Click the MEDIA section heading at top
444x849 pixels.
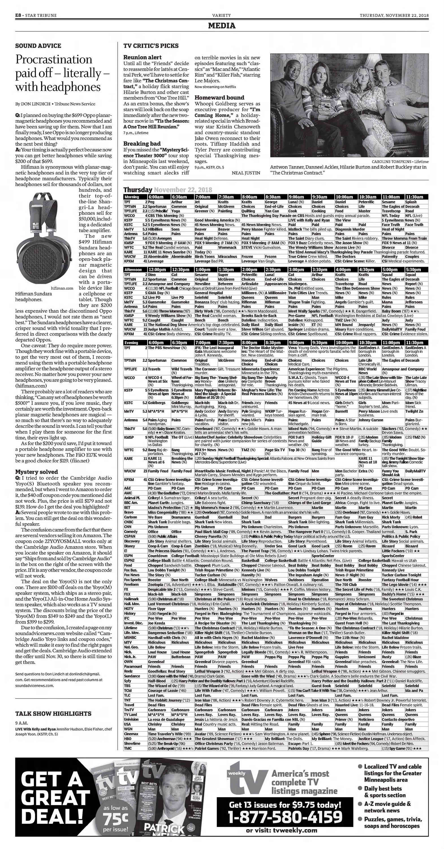(222, 26)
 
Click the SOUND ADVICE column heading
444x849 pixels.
(38, 46)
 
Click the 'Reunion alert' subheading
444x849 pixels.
(142, 57)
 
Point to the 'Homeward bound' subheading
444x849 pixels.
(219, 98)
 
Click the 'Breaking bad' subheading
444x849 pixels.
(142, 143)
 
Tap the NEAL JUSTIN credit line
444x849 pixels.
(246, 173)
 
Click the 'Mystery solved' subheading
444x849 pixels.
(36, 472)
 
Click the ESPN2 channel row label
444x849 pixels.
(130, 561)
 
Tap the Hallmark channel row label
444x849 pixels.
(132, 599)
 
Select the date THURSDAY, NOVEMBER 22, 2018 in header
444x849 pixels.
(394, 15)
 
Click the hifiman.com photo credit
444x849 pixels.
(66, 288)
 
